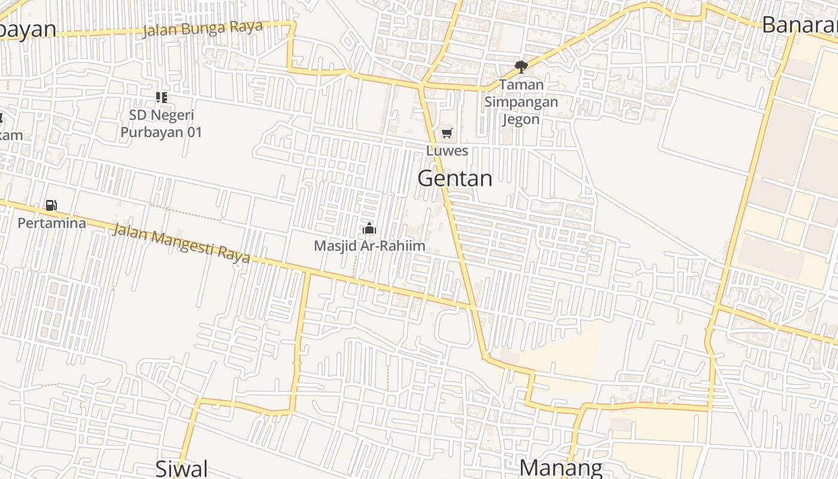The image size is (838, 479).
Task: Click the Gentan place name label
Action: tap(455, 178)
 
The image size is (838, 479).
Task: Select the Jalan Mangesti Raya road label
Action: tap(181, 242)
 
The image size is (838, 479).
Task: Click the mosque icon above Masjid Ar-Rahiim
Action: tap(369, 228)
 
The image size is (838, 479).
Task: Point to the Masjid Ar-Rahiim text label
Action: tap(369, 245)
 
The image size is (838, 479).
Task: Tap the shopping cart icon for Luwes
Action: tap(447, 133)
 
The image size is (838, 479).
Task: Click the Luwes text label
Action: tap(447, 151)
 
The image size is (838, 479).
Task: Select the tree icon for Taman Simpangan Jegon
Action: tap(521, 66)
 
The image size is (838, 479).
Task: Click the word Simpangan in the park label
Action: tap(521, 102)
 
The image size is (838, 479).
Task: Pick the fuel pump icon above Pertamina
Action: tap(51, 205)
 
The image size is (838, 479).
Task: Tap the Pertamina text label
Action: tap(51, 223)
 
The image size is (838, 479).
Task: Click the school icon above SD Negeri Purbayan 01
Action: tap(161, 97)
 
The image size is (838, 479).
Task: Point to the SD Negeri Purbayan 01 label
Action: tap(162, 123)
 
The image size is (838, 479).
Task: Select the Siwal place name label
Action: tap(181, 468)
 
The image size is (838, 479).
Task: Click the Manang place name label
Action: tap(560, 468)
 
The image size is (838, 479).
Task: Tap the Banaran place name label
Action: tap(800, 26)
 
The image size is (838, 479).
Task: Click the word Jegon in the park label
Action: tap(521, 119)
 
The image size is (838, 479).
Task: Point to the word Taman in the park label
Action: tap(521, 84)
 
